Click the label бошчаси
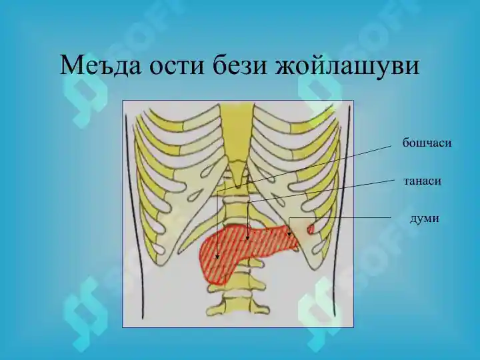click(x=427, y=143)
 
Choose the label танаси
click(x=423, y=181)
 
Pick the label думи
click(x=424, y=219)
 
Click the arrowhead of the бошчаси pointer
click(x=217, y=257)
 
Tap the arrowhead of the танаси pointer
click(x=247, y=237)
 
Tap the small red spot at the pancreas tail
click(x=310, y=229)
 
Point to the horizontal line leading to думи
click(x=347, y=218)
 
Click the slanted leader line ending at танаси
click(x=320, y=189)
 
